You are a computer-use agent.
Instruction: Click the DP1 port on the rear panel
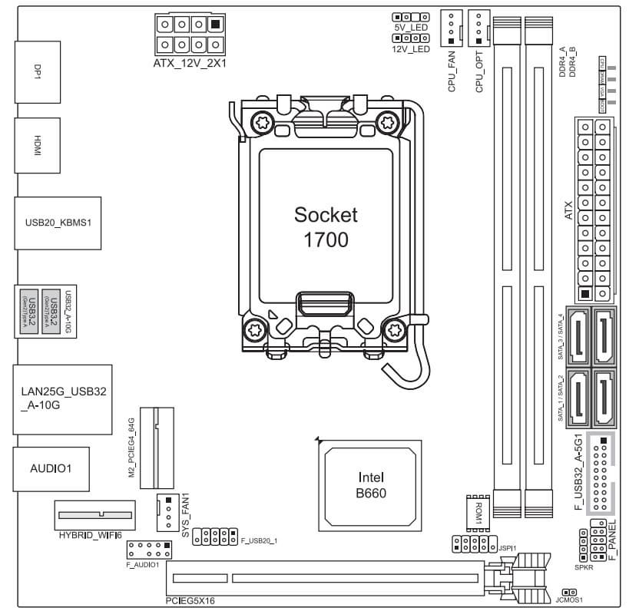pyautogui.click(x=35, y=72)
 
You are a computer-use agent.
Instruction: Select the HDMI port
pyautogui.click(x=35, y=146)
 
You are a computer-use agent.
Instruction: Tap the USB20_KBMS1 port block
pyautogui.click(x=58, y=223)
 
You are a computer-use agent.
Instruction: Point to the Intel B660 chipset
pyautogui.click(x=370, y=486)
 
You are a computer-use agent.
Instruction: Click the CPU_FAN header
pyautogui.click(x=452, y=28)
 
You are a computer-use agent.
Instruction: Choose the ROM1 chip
pyautogui.click(x=473, y=511)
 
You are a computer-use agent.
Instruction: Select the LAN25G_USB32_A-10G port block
pyautogui.click(x=62, y=397)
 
